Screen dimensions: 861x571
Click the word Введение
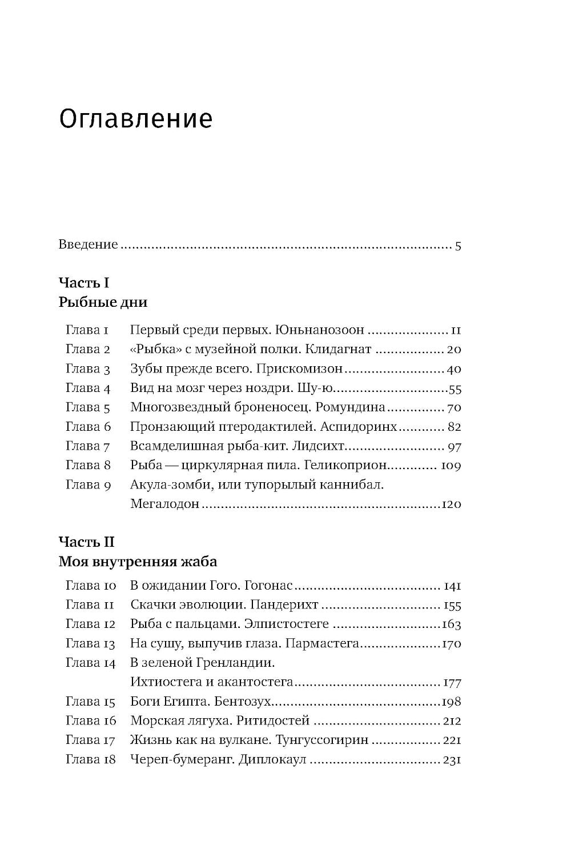pyautogui.click(x=88, y=245)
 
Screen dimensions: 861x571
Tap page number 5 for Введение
pyautogui.click(x=458, y=246)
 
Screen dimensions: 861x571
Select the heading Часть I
pyautogui.click(x=84, y=282)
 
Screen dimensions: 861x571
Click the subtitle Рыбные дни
pyautogui.click(x=103, y=302)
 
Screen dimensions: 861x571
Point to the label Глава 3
pyautogui.click(x=87, y=369)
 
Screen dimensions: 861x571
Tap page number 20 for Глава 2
pyautogui.click(x=454, y=350)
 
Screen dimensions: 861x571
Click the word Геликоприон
pyautogui.click(x=349, y=465)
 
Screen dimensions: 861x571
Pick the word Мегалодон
pyautogui.click(x=165, y=504)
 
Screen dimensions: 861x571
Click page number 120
pyautogui.click(x=452, y=504)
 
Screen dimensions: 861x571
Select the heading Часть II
pyautogui.click(x=87, y=542)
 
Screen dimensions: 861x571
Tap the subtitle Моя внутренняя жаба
pyautogui.click(x=138, y=562)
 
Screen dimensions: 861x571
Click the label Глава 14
pyautogui.click(x=90, y=663)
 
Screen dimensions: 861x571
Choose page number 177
pyautogui.click(x=452, y=683)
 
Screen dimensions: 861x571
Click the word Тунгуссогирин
pyautogui.click(x=322, y=740)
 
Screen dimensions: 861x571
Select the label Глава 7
pyautogui.click(x=87, y=446)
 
